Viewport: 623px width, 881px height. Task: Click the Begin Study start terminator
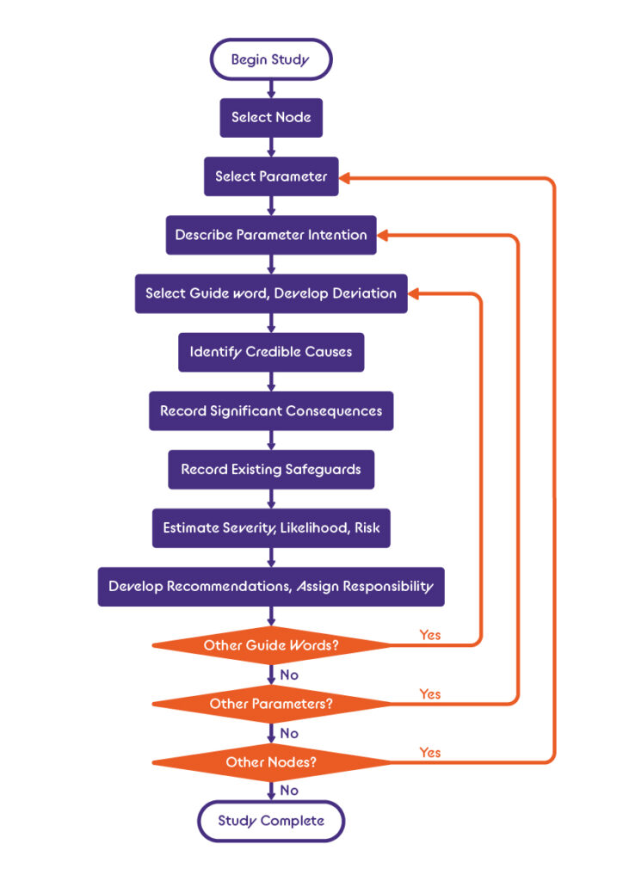coord(271,59)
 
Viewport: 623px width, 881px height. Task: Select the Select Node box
coord(271,117)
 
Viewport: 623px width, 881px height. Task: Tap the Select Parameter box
coord(271,176)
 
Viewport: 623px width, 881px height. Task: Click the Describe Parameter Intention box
coord(271,235)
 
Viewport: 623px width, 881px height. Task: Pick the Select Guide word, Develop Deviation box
coord(271,293)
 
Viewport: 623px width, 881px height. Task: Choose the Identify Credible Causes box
coord(271,352)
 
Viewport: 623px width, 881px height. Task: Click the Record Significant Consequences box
coord(271,410)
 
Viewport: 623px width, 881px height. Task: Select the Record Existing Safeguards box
coord(271,469)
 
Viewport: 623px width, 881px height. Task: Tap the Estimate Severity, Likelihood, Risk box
coord(271,528)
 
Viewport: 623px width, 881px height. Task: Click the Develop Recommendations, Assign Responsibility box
coord(271,587)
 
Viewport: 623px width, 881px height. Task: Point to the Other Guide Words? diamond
coord(271,645)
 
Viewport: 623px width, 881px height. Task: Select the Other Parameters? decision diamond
coord(271,704)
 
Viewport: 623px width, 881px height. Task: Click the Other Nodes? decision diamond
coord(271,762)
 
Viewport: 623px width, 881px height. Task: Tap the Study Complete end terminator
coord(271,821)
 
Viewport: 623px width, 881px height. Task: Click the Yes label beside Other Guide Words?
coord(429,635)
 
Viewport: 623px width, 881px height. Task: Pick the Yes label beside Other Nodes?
coord(429,752)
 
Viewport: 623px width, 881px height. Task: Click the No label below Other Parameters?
coord(289,733)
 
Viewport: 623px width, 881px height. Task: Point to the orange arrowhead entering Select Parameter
coord(345,178)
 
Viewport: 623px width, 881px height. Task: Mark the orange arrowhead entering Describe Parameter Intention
coord(383,236)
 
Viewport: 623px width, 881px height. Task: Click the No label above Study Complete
coord(289,791)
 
